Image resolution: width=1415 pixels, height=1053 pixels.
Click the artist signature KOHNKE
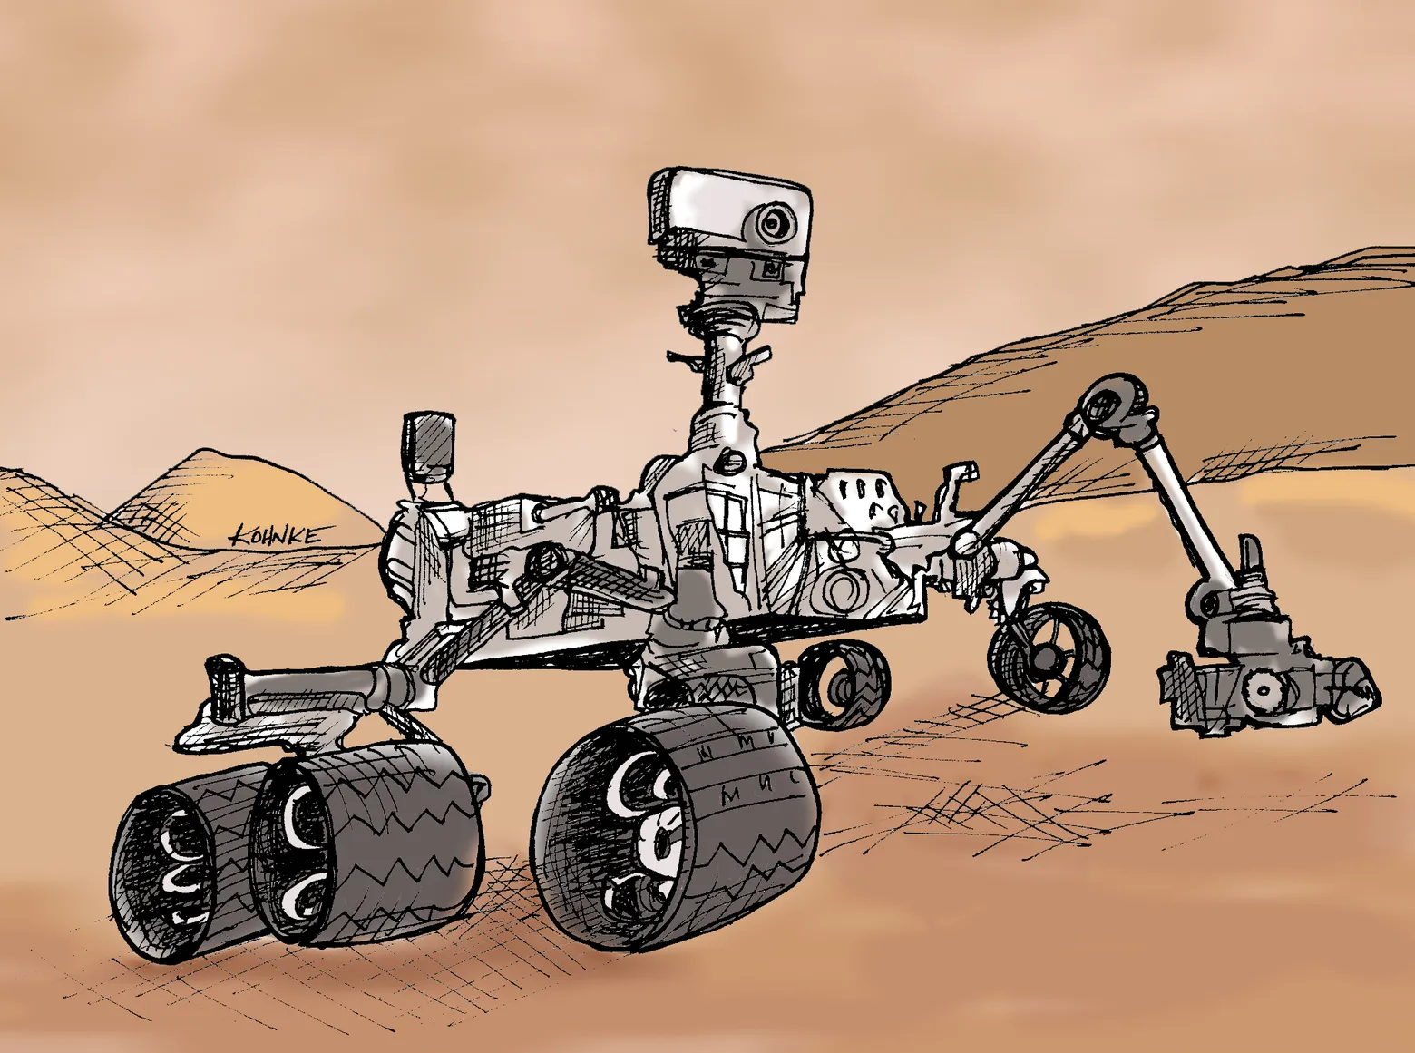275,535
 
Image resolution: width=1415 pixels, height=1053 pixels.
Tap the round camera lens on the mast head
774,220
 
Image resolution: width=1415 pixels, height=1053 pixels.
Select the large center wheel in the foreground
676,825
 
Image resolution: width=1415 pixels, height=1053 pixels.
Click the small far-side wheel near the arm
1049,651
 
